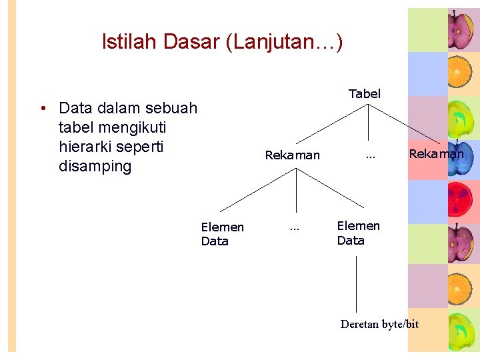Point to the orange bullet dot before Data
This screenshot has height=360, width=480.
click(42, 109)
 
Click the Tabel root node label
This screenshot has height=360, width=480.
click(365, 94)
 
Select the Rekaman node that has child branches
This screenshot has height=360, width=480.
click(292, 155)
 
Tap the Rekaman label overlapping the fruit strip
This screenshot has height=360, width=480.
click(436, 154)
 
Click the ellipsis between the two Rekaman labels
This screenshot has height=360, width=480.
click(371, 157)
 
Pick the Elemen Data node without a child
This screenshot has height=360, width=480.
click(223, 234)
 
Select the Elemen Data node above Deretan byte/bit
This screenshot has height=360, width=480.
click(359, 233)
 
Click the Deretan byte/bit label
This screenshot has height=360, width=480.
click(379, 325)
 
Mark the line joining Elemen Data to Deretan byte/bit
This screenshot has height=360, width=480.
click(357, 283)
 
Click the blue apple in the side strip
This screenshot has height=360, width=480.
click(460, 159)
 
